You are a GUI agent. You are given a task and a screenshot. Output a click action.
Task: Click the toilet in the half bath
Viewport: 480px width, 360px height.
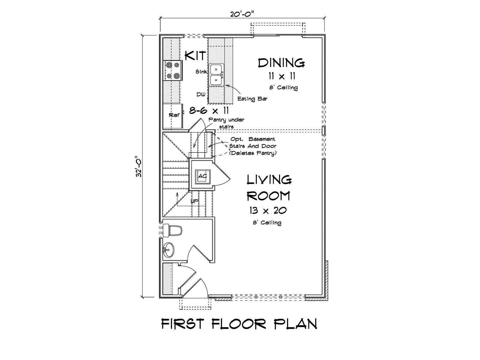[172, 230]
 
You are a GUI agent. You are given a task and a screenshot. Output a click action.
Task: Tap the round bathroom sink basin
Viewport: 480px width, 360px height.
[169, 250]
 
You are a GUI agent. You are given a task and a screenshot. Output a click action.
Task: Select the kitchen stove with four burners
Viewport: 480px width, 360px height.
[173, 70]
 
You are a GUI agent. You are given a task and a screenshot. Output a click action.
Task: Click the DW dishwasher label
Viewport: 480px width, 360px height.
[201, 94]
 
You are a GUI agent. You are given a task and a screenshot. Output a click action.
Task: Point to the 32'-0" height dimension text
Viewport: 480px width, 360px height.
[139, 166]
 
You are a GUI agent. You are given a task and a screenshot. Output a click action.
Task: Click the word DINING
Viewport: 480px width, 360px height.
[281, 63]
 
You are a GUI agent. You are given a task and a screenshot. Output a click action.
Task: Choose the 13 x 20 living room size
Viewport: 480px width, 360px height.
[268, 211]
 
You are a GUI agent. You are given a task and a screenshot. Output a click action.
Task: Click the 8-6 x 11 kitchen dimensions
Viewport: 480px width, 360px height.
[209, 111]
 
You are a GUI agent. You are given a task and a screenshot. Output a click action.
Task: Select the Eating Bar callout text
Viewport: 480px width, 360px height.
[252, 99]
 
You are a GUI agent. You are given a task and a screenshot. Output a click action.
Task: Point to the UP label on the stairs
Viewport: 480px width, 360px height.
[194, 202]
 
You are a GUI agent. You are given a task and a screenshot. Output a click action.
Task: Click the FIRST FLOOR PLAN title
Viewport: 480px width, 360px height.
[239, 324]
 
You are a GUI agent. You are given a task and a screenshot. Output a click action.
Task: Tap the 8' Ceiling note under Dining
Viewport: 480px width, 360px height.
[283, 87]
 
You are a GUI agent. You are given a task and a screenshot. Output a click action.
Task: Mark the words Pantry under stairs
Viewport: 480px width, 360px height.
[226, 123]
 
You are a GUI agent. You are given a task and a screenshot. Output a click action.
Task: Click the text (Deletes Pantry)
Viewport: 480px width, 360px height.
[253, 153]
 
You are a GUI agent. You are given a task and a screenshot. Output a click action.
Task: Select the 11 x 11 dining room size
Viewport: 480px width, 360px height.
[282, 76]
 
